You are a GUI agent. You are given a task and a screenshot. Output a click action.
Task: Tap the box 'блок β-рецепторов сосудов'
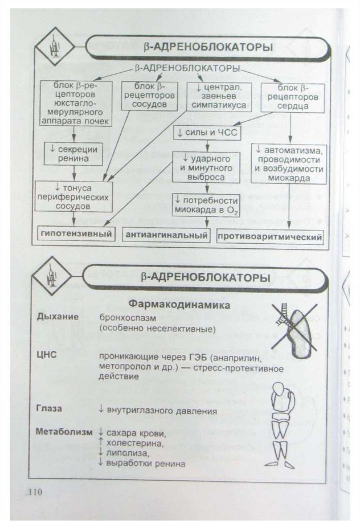148,95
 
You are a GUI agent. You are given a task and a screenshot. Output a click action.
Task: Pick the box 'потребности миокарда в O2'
206,205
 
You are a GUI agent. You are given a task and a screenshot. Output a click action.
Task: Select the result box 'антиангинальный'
166,236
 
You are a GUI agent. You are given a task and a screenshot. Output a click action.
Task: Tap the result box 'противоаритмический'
270,237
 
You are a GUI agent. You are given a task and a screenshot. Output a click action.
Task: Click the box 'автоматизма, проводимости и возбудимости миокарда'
289,164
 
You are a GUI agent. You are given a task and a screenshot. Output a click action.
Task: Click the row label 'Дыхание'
57,317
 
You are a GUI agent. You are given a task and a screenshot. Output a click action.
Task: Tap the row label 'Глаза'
49,409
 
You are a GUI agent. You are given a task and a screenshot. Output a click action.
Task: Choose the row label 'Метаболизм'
64,432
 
